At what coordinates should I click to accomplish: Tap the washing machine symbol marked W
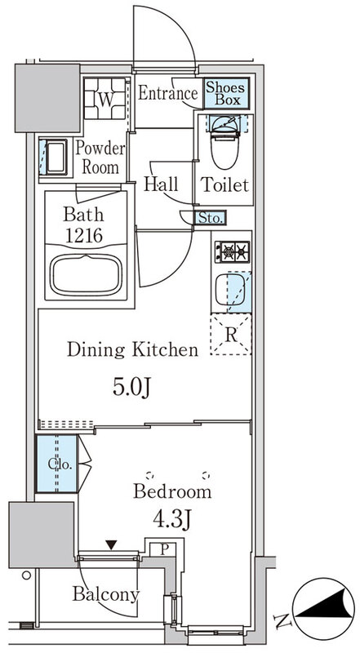pyautogui.click(x=105, y=99)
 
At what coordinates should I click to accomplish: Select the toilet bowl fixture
pyautogui.click(x=225, y=142)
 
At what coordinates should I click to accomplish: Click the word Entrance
pyautogui.click(x=167, y=93)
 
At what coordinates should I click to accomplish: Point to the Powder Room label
pyautogui.click(x=100, y=158)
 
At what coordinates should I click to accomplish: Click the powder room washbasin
pyautogui.click(x=56, y=158)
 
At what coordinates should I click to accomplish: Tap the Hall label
pyautogui.click(x=161, y=184)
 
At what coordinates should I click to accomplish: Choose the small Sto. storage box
pyautogui.click(x=210, y=218)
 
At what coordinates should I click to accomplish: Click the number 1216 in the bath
pyautogui.click(x=83, y=236)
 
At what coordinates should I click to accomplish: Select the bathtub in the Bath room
pyautogui.click(x=86, y=275)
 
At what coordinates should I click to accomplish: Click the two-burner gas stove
pyautogui.click(x=232, y=252)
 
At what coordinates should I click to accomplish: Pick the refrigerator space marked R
pyautogui.click(x=231, y=335)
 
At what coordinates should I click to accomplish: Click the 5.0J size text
pyautogui.click(x=131, y=389)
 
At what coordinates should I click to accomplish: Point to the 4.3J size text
pyautogui.click(x=171, y=519)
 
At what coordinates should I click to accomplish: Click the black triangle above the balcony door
pyautogui.click(x=110, y=544)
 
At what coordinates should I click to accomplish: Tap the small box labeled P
pyautogui.click(x=164, y=549)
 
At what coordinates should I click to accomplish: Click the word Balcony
pyautogui.click(x=105, y=594)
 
